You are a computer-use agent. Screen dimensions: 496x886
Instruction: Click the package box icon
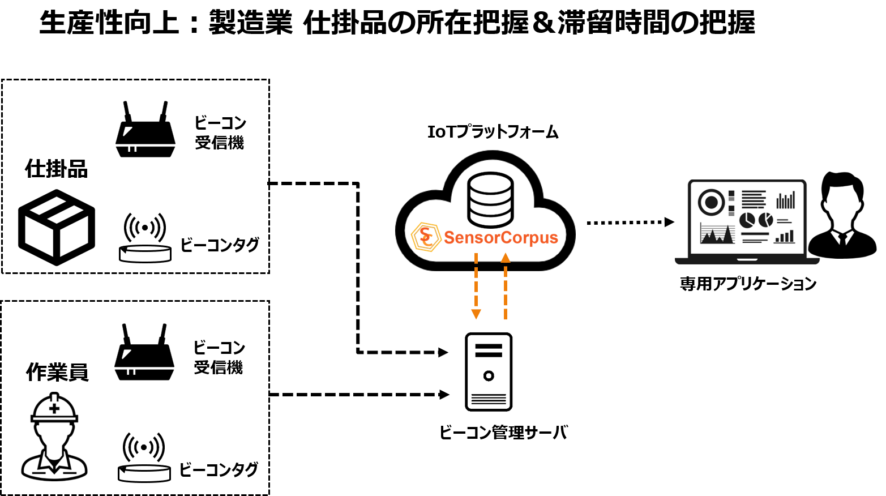click(57, 228)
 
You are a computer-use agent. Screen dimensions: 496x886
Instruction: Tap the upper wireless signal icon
click(145, 227)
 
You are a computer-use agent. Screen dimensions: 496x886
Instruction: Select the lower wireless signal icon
click(144, 447)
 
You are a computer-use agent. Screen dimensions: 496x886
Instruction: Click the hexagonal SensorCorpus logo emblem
click(426, 237)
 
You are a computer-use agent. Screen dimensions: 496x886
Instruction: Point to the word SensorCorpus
click(501, 237)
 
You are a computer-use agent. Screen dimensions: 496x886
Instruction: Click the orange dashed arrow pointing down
click(476, 286)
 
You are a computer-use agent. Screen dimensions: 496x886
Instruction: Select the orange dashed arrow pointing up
click(506, 286)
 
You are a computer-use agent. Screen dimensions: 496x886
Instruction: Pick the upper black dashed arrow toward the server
click(430, 352)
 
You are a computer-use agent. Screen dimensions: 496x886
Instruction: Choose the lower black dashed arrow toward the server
click(430, 395)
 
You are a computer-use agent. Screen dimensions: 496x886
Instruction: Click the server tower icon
click(489, 371)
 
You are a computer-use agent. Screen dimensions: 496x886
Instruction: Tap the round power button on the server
click(489, 375)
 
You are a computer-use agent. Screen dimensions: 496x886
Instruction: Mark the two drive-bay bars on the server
click(489, 350)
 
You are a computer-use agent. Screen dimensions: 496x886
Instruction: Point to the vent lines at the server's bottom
click(489, 399)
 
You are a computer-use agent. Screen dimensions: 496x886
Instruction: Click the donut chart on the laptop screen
click(711, 202)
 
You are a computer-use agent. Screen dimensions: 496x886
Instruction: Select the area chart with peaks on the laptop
click(717, 234)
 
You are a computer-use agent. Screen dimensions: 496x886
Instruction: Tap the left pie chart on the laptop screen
click(747, 220)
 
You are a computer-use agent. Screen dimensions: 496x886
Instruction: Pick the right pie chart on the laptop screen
click(765, 219)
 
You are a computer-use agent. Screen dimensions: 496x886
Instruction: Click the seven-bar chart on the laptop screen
click(786, 200)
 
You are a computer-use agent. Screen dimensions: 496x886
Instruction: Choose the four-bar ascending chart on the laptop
click(785, 237)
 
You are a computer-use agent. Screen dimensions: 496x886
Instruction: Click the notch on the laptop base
click(747, 260)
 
